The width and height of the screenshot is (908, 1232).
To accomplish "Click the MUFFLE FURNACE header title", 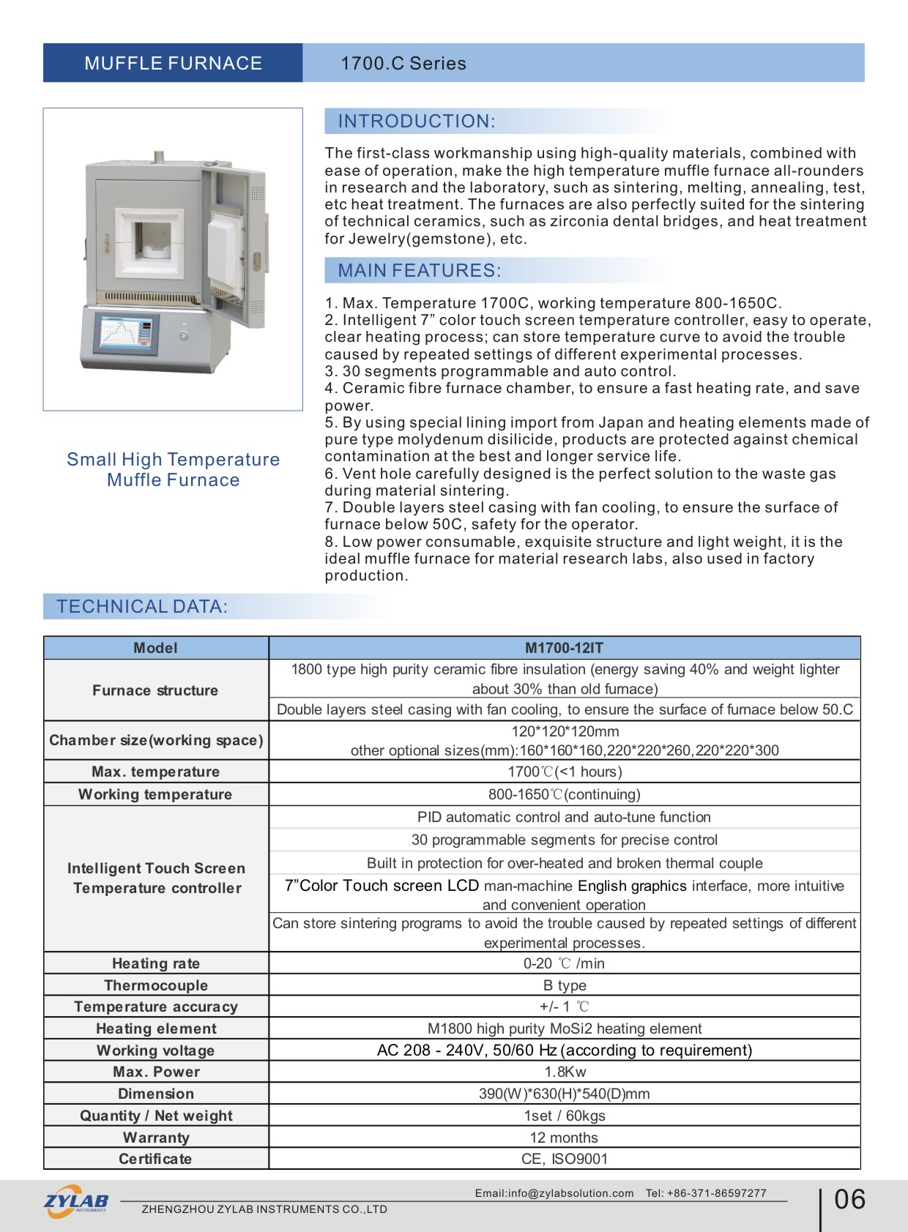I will (x=173, y=64).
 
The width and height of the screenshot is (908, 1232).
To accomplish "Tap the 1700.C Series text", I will (x=403, y=64).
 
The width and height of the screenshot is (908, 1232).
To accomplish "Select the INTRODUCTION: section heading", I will (x=416, y=122).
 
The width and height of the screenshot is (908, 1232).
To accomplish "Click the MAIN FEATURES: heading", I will (x=419, y=271).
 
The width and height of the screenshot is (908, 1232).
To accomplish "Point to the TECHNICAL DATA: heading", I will (x=142, y=607).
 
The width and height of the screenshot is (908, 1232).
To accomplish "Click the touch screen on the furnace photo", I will (x=128, y=333).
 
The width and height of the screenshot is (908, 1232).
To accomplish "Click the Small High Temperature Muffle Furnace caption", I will (x=174, y=470).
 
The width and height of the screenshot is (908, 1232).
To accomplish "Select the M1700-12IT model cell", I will (x=564, y=648).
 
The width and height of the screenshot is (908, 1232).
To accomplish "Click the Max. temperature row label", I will (x=155, y=772).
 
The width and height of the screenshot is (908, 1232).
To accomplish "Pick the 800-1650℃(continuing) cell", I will (x=564, y=794).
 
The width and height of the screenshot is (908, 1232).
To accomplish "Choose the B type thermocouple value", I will (x=565, y=985).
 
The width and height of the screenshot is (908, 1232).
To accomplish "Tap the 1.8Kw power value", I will (x=565, y=1072).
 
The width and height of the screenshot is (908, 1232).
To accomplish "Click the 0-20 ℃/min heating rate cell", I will (x=564, y=963).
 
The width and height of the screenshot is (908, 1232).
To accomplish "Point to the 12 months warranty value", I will (x=564, y=1138).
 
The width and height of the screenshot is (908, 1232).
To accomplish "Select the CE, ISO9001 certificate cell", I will (x=564, y=1159).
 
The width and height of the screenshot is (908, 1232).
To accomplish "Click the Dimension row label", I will (x=156, y=1094).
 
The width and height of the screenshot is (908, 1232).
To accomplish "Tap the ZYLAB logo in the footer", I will (x=76, y=1201).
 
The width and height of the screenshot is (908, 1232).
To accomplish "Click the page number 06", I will (x=849, y=1200).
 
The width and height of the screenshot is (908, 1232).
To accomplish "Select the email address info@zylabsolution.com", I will (x=554, y=1193).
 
